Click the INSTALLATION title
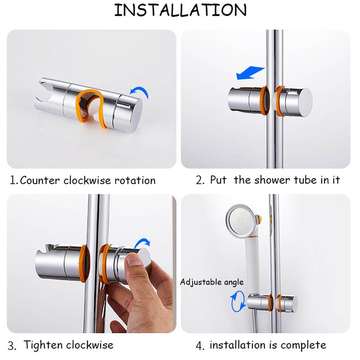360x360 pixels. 180,10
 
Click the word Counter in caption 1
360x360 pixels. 40,180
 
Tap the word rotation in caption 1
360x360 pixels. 135,180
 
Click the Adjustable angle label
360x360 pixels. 212,282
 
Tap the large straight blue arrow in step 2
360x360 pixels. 250,73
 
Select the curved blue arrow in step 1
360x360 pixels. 140,91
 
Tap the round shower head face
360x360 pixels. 241,220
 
